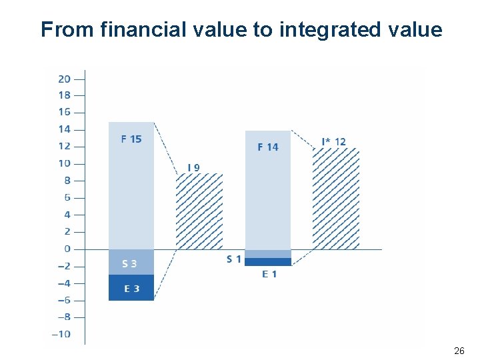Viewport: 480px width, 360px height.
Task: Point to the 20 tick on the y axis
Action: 64,79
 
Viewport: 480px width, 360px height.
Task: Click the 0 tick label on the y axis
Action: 66,249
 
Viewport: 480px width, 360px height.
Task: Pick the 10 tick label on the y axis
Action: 63,164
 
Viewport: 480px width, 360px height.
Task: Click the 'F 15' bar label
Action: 131,139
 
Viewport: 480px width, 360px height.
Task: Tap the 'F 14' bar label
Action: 268,147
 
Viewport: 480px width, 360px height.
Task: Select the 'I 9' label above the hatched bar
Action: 193,167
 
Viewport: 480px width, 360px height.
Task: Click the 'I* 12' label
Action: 333,141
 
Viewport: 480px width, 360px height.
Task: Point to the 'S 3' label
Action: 129,264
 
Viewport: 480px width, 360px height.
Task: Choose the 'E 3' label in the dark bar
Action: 132,289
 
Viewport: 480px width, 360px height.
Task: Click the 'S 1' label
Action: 233,259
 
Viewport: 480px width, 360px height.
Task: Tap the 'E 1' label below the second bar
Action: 269,274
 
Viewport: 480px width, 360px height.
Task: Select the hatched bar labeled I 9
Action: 199,211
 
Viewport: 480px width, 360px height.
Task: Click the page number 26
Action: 459,351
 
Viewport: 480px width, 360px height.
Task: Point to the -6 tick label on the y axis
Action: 63,300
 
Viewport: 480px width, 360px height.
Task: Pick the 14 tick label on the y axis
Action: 63,129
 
